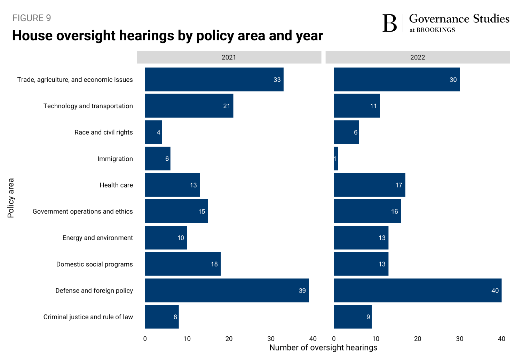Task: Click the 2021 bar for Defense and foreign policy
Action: point(227,290)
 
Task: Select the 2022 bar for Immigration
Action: point(336,159)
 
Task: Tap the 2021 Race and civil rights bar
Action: point(153,132)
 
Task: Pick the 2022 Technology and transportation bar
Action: point(357,106)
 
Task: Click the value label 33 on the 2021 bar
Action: point(277,80)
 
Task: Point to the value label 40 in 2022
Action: point(495,290)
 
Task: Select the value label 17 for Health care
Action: point(399,185)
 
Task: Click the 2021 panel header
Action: point(229,57)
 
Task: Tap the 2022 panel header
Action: point(418,57)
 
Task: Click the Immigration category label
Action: point(115,159)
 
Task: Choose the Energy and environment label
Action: point(97,238)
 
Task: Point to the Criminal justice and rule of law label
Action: point(88,317)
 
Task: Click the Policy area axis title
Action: point(11,198)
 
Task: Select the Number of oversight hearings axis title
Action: point(323,347)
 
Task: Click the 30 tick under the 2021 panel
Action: point(271,339)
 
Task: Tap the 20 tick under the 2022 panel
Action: point(418,339)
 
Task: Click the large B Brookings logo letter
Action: point(389,23)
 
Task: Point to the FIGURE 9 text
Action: point(32,18)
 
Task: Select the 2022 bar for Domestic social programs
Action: point(361,264)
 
